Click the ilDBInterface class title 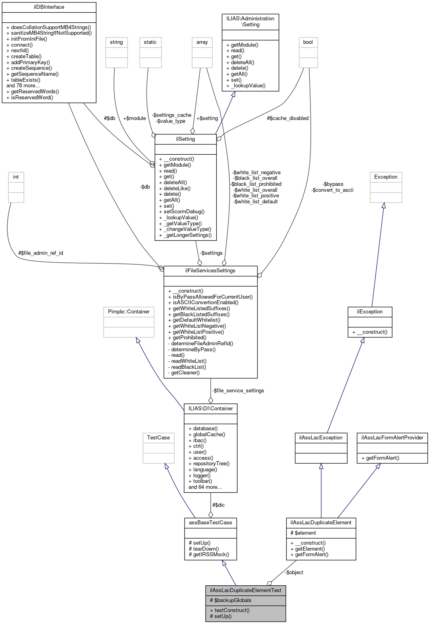click(x=49, y=7)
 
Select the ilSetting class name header click(x=185, y=139)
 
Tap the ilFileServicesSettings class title click(x=210, y=271)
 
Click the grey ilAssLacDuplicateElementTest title click(x=245, y=591)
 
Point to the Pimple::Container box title click(x=129, y=312)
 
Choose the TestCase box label click(x=158, y=438)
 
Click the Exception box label click(x=385, y=177)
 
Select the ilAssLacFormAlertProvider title click(x=392, y=438)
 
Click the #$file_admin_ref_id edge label click(x=41, y=253)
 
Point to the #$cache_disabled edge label click(x=288, y=118)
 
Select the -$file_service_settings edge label click(x=238, y=391)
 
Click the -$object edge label click(x=294, y=573)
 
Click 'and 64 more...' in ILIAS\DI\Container click(x=205, y=487)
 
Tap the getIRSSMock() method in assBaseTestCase click(x=209, y=555)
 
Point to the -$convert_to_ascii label click(x=332, y=190)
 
